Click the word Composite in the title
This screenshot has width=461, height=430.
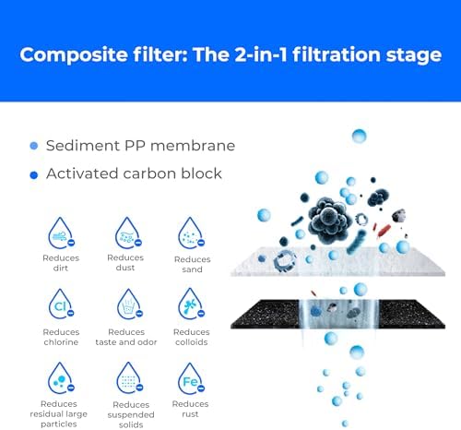[x=75, y=54]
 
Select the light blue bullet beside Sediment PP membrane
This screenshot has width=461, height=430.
[x=34, y=146]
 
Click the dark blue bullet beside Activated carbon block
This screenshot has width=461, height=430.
[x=34, y=173]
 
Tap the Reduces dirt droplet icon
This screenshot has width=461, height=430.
[x=61, y=234]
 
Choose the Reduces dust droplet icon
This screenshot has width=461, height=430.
[x=125, y=233]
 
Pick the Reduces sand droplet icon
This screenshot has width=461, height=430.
[x=191, y=234]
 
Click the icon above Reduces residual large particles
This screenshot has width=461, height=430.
[x=61, y=378]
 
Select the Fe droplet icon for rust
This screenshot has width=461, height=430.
[x=191, y=378]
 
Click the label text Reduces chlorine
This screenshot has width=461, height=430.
[x=61, y=337]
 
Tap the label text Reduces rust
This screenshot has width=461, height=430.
[x=191, y=409]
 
